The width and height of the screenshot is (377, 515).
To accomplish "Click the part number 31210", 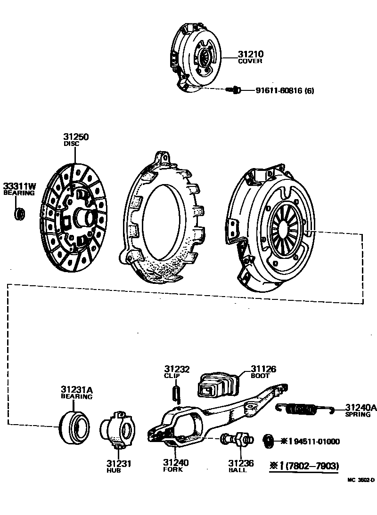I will tap(250, 54).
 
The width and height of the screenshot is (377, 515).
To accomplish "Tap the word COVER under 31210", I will tap(250, 61).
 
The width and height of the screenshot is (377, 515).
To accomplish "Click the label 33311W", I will tap(20, 186).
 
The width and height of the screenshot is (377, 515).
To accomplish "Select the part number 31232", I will tap(177, 369).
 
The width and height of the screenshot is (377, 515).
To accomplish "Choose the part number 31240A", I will tap(361, 408).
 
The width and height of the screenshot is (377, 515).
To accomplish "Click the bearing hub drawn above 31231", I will tap(117, 428).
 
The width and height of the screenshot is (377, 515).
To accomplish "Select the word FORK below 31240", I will tap(173, 469).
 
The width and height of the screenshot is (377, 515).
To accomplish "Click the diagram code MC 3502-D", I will tap(361, 480).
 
